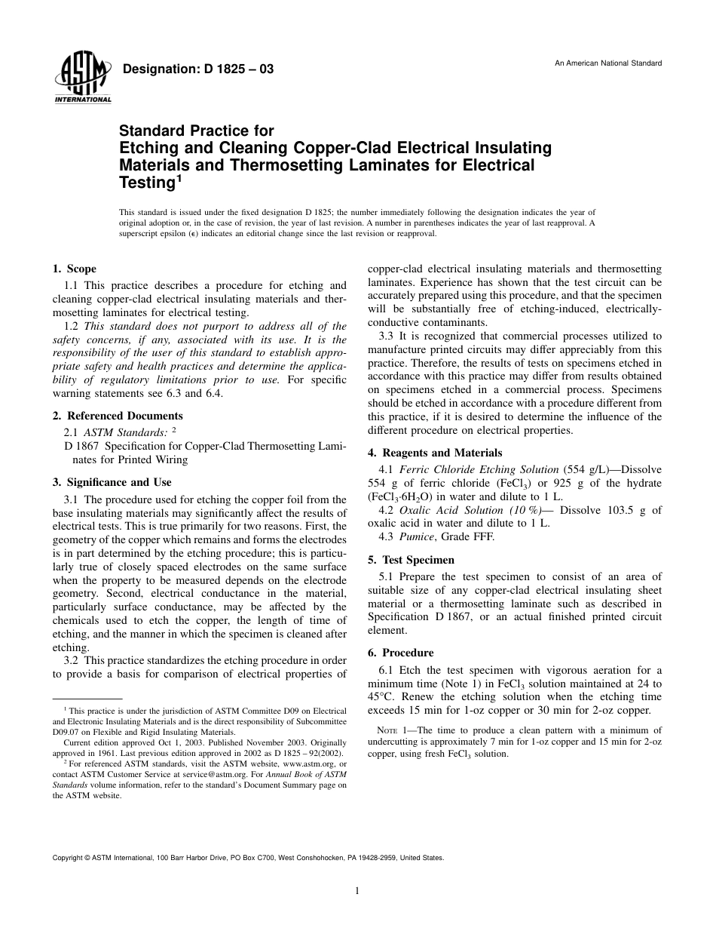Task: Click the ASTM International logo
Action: (82, 78)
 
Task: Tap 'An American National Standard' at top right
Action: (608, 63)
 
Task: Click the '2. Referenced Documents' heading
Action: (118, 416)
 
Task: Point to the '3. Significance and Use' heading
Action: (112, 482)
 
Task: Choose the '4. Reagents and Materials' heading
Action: (434, 453)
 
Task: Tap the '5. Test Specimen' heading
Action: (411, 560)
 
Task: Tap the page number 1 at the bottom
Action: (357, 891)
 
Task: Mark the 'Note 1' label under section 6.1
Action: (392, 730)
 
